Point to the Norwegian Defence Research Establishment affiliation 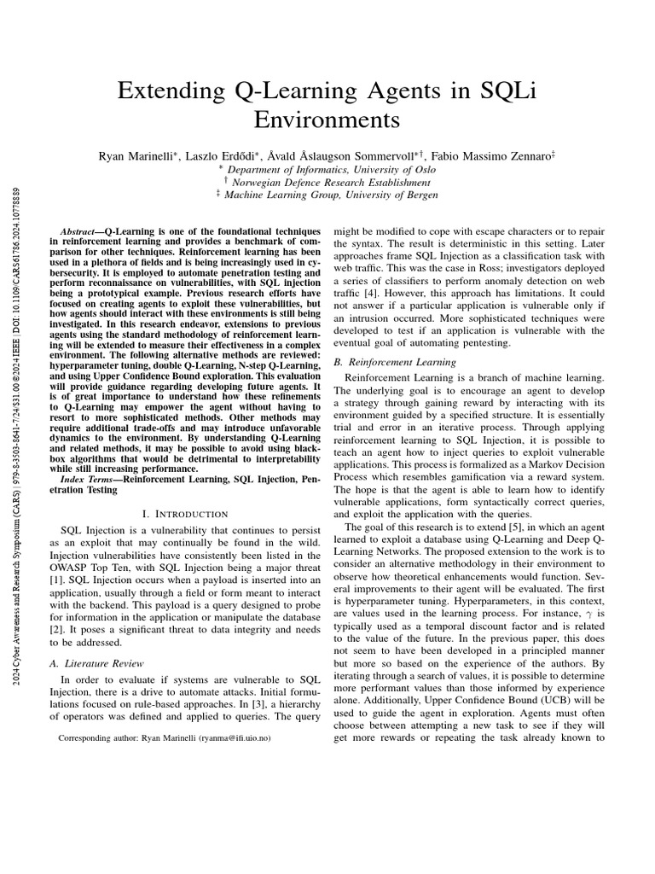(328, 182)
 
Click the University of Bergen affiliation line (328, 195)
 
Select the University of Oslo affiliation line (328, 169)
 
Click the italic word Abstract (84, 232)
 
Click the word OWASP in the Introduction (67, 568)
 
